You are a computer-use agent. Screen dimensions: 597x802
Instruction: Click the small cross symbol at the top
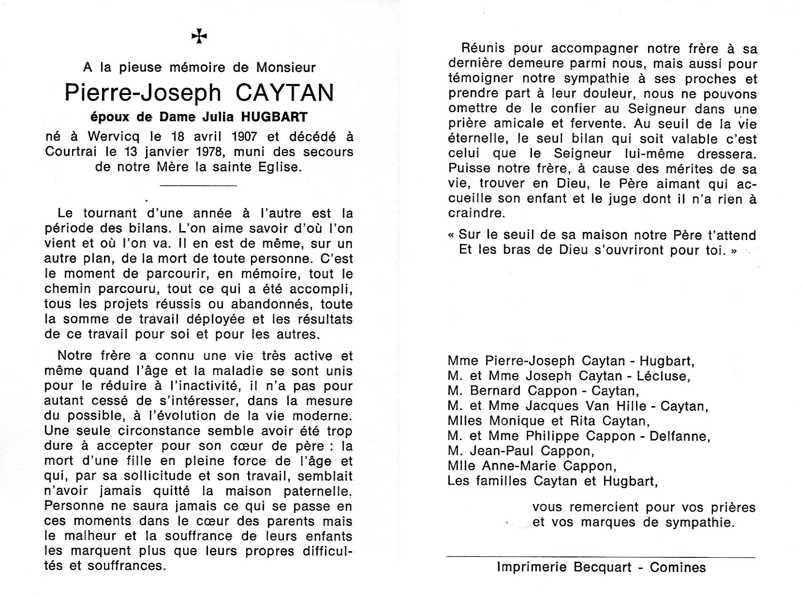coord(199,36)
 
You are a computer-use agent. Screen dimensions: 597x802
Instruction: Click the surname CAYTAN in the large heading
coord(285,93)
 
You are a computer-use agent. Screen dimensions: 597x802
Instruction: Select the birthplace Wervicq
coord(114,137)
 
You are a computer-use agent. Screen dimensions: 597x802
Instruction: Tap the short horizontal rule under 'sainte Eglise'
coord(198,185)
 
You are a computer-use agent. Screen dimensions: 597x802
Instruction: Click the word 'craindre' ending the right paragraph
coord(476,213)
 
